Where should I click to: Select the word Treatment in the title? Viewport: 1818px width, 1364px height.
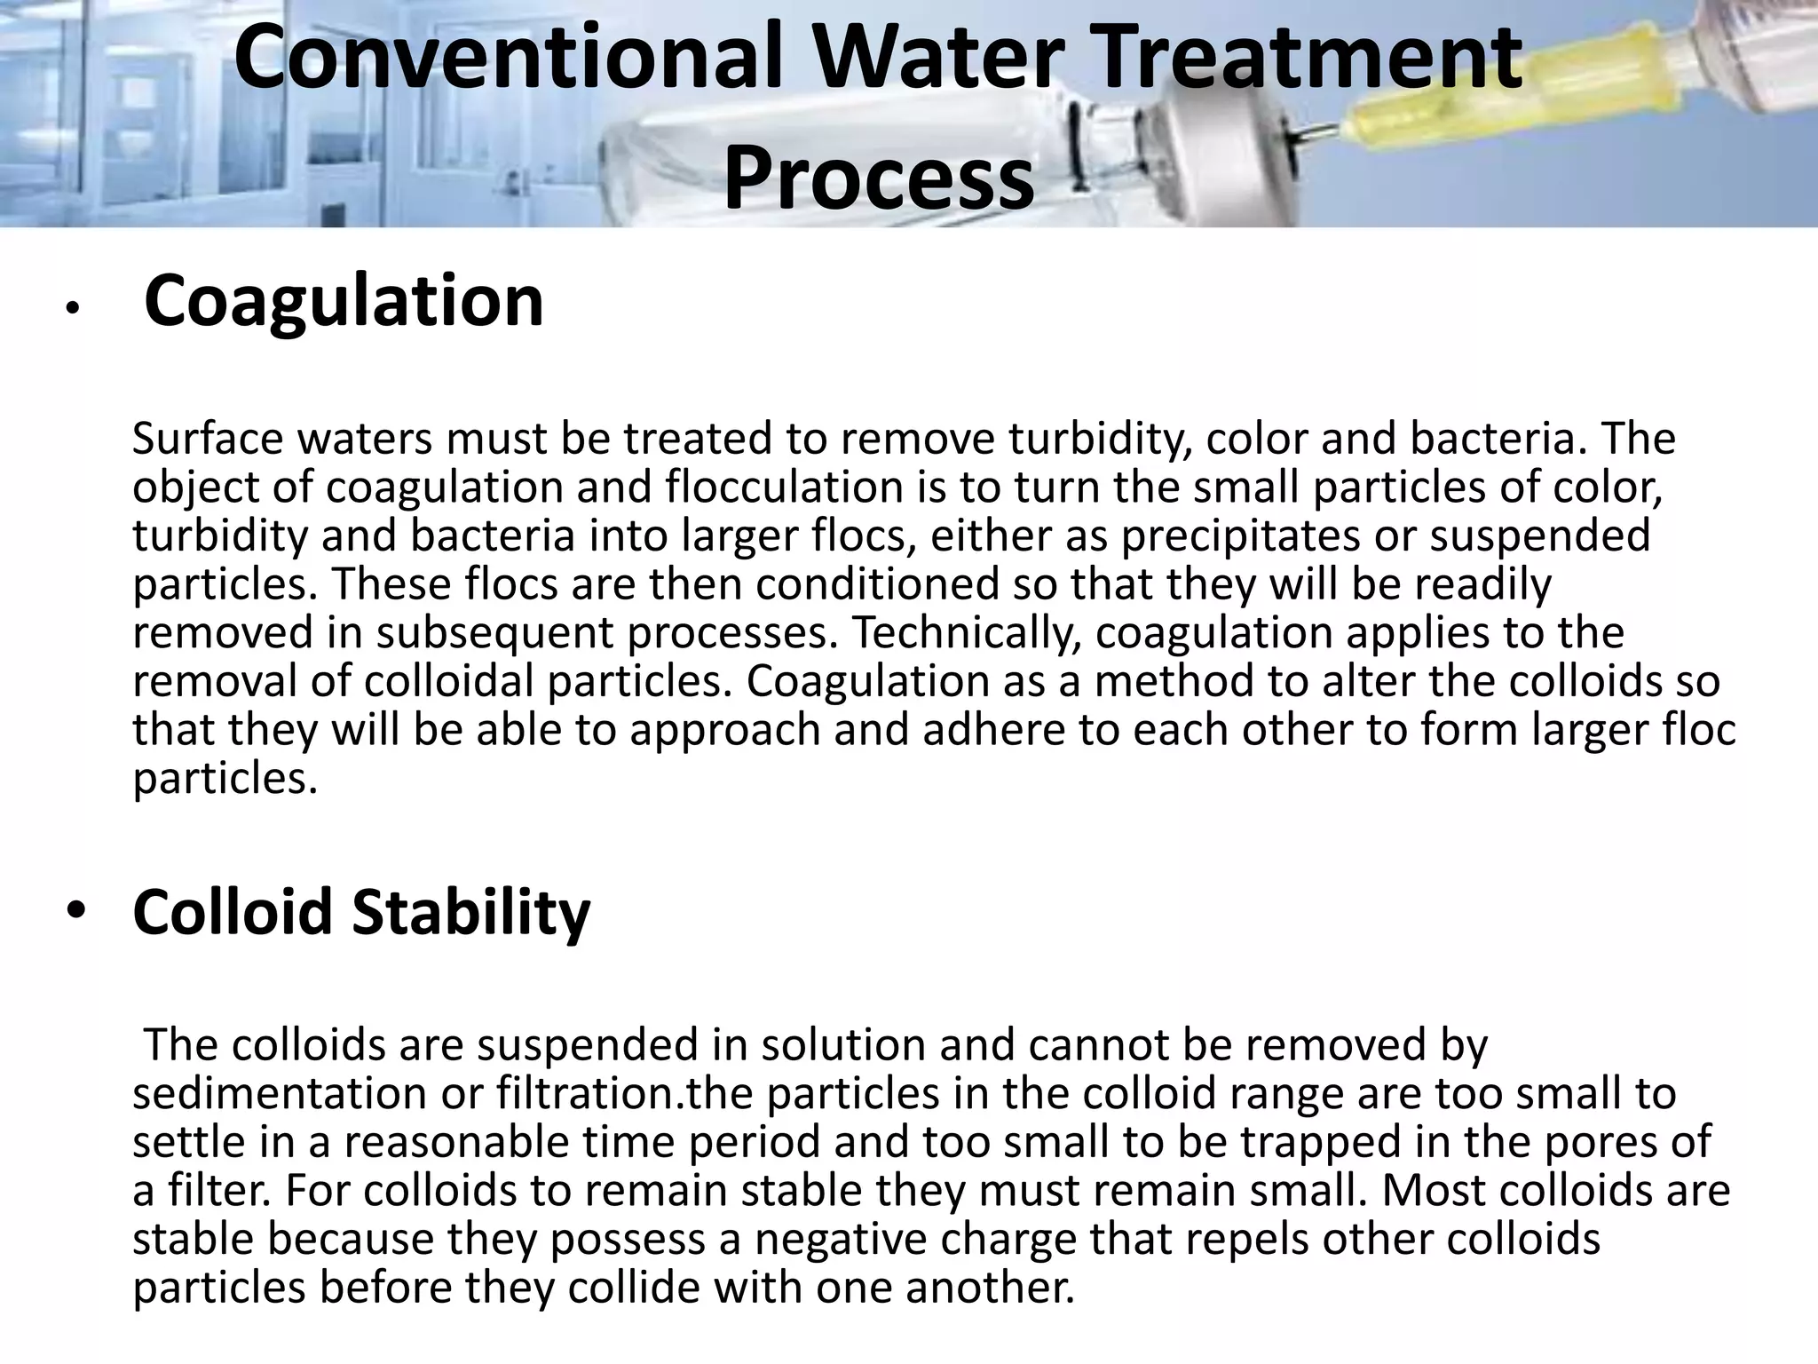pyautogui.click(x=1315, y=59)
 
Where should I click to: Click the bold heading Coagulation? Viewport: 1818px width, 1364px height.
pyautogui.click(x=344, y=302)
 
